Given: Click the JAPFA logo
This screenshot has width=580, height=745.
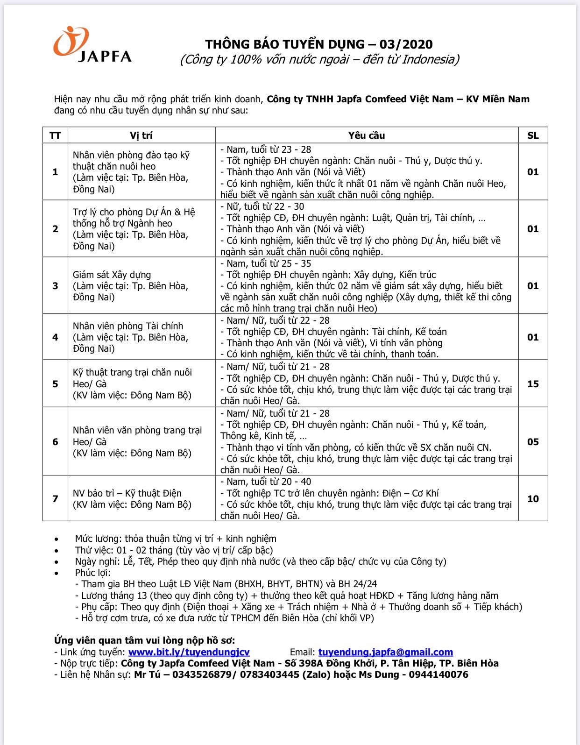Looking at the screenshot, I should (x=92, y=45).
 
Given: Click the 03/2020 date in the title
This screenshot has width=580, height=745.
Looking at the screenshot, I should (x=406, y=44).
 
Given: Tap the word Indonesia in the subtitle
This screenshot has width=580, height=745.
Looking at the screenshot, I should (x=428, y=59).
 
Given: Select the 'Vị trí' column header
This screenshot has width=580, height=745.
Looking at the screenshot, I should (x=141, y=135).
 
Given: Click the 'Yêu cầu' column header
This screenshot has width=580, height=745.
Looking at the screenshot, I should (x=367, y=135).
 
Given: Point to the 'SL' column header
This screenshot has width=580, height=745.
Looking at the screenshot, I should (x=533, y=135).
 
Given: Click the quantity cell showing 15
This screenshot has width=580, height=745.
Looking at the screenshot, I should (x=533, y=384).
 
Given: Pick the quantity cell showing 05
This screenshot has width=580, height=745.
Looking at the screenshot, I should (x=533, y=442).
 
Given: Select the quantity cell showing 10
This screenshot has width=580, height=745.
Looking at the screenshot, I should (x=533, y=499).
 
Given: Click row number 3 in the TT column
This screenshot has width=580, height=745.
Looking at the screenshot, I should (x=55, y=286).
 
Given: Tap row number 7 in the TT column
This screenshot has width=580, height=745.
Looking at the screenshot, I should (x=55, y=499).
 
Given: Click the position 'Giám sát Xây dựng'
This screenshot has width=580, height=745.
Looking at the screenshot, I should (x=112, y=275).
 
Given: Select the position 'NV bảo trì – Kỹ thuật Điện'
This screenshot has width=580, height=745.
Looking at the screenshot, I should (x=127, y=493).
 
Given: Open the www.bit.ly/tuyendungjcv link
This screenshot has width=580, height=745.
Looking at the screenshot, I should (x=189, y=652).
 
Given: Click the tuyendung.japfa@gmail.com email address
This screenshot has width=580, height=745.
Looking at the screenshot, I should (x=385, y=652).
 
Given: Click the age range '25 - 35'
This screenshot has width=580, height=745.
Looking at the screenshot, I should (x=296, y=263).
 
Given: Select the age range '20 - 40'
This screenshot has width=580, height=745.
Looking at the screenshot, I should (x=296, y=482).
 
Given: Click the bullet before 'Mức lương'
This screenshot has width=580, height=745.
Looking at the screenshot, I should (x=57, y=539).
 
